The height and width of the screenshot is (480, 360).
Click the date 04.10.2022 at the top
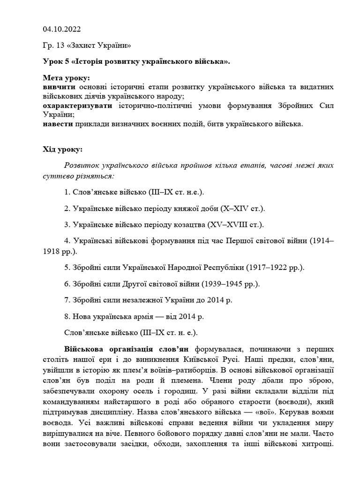[61, 29]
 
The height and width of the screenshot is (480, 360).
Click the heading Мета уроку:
[66, 78]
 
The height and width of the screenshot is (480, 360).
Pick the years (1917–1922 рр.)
[277, 268]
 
